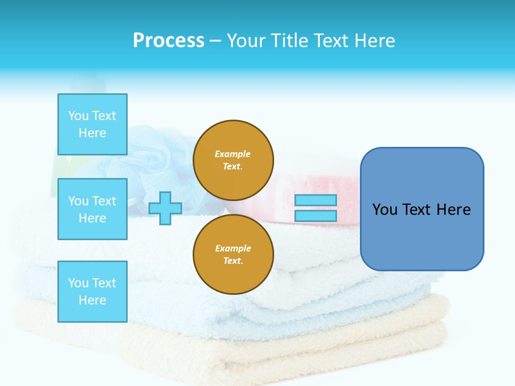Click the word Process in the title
[x=168, y=41]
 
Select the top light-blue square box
[x=92, y=124]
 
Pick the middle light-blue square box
[x=92, y=209]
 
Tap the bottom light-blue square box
[x=92, y=291]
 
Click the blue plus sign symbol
[x=165, y=208]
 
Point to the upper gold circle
[x=233, y=160]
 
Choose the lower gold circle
[x=233, y=255]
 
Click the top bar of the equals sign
[x=315, y=201]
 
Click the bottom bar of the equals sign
[x=315, y=216]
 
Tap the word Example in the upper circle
[x=233, y=154]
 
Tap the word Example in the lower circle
[x=233, y=249]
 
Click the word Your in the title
[x=245, y=41]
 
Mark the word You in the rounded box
[x=385, y=210]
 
